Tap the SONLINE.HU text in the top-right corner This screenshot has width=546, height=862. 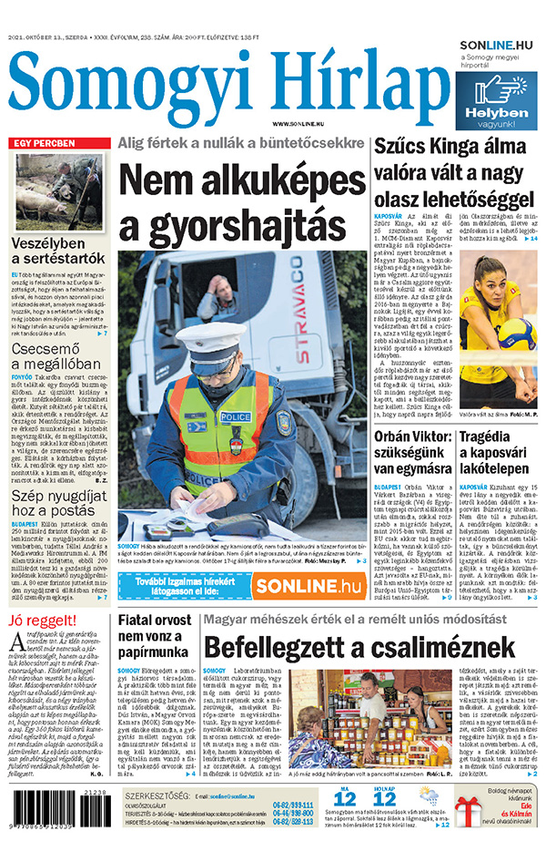(495, 44)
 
